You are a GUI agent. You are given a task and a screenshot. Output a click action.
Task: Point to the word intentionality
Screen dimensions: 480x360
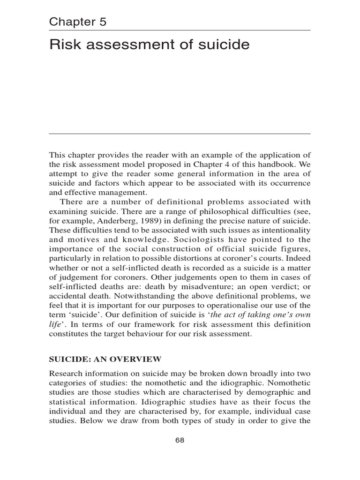pyautogui.click(x=287, y=229)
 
